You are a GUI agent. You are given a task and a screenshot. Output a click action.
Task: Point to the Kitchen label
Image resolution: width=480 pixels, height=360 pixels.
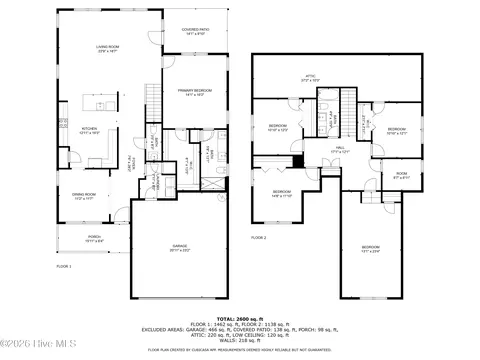click(88, 130)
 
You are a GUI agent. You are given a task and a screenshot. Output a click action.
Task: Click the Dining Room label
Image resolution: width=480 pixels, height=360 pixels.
click(83, 196)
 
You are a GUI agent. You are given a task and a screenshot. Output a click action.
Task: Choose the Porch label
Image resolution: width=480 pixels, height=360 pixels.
click(93, 239)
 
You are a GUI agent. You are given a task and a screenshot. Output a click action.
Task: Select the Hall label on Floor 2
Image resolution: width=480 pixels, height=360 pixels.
click(341, 149)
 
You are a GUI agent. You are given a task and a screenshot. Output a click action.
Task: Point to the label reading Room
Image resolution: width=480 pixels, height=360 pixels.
click(401, 174)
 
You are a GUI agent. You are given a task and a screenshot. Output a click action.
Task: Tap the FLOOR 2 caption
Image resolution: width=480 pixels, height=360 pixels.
click(259, 238)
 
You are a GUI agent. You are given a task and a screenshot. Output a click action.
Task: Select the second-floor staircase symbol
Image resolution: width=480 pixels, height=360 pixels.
click(347, 99)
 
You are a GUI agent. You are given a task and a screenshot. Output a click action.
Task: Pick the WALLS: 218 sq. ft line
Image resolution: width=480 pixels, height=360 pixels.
click(240, 339)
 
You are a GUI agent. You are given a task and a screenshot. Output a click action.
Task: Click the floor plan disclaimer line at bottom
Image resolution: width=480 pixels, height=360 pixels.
click(240, 350)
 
